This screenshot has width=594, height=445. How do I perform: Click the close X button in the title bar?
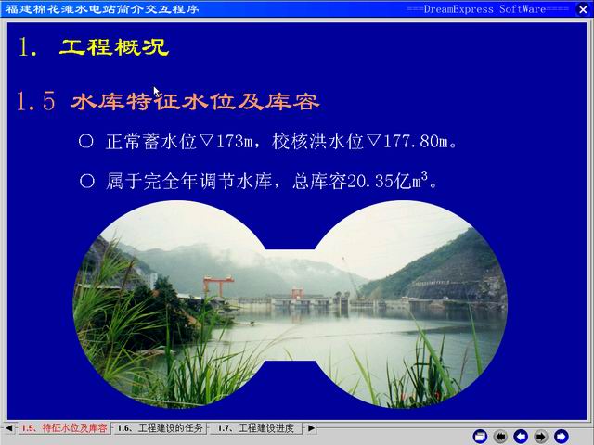click(x=583, y=9)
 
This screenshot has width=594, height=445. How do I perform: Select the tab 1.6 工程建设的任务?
click(x=160, y=428)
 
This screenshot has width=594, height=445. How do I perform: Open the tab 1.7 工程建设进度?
click(x=256, y=428)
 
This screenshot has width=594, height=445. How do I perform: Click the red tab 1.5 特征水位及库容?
click(x=64, y=428)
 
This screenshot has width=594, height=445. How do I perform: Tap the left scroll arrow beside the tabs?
click(x=8, y=428)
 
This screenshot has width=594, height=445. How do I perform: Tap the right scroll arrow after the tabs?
click(x=311, y=428)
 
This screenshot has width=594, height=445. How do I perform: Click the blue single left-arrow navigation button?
click(x=521, y=437)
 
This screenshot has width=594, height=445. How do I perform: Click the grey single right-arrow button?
click(x=541, y=437)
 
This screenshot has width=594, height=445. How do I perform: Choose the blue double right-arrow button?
click(x=562, y=437)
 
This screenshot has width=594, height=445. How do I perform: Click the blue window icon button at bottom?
click(x=480, y=437)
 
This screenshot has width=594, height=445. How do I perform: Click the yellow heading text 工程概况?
click(x=114, y=47)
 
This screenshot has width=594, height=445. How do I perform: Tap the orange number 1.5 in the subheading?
click(x=36, y=101)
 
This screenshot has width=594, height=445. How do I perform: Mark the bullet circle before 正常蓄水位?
click(x=86, y=141)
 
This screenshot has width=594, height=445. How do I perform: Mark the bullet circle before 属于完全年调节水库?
click(x=87, y=181)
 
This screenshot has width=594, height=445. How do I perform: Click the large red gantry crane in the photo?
click(x=218, y=286)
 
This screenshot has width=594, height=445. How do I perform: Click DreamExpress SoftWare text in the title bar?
click(x=484, y=9)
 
